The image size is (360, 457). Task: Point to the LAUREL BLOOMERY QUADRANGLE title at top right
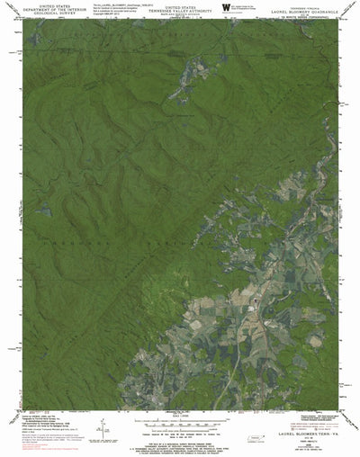point(307,9)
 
